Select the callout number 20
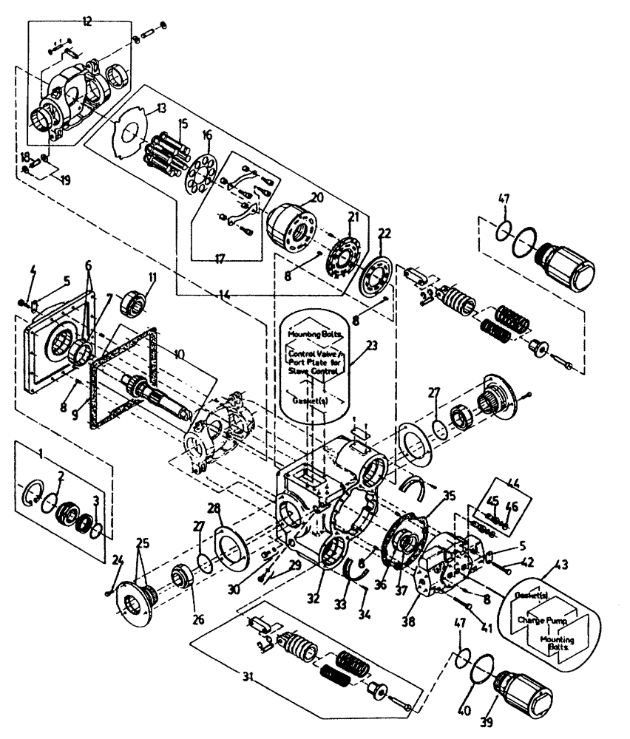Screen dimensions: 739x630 (x=317, y=198)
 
